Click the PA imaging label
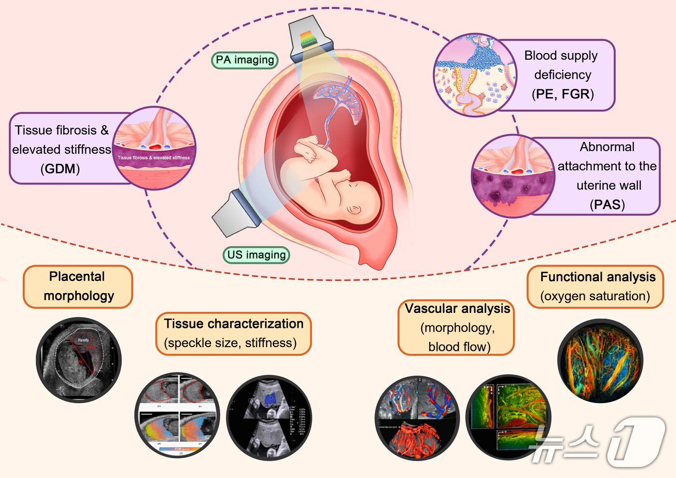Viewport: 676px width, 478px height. pyautogui.click(x=245, y=60)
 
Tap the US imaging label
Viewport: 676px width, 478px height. pyautogui.click(x=256, y=254)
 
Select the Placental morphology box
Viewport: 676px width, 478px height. pyautogui.click(x=78, y=286)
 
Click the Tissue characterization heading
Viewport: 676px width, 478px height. pyautogui.click(x=234, y=323)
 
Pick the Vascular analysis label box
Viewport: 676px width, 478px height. pyautogui.click(x=457, y=327)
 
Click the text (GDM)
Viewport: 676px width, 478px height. pyautogui.click(x=60, y=169)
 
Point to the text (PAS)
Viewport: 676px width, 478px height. pyautogui.click(x=607, y=205)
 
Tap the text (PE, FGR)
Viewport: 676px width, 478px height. pyautogui.click(x=563, y=94)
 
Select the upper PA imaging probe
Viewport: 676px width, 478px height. pyautogui.click(x=309, y=39)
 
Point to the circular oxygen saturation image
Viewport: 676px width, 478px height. pyautogui.click(x=600, y=361)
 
